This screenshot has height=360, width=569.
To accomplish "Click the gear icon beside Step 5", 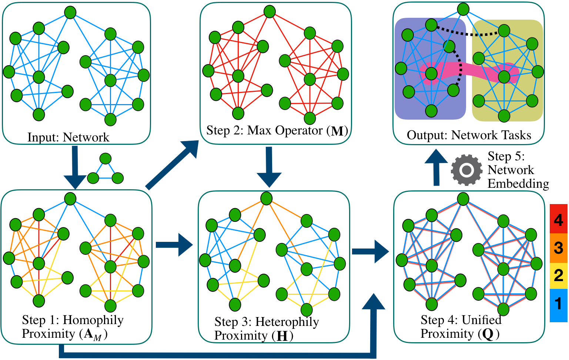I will pyautogui.click(x=466, y=170).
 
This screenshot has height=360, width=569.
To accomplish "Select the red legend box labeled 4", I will pyautogui.click(x=558, y=219).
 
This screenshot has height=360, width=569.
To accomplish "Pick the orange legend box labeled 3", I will pyautogui.click(x=558, y=247).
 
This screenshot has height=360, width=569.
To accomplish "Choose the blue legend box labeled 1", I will pyautogui.click(x=558, y=304).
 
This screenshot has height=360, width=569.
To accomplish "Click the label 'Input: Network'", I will pyautogui.click(x=68, y=137).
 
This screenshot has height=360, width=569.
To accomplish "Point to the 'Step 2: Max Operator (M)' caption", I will pyautogui.click(x=277, y=131).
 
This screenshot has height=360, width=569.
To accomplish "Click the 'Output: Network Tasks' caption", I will pyautogui.click(x=469, y=135).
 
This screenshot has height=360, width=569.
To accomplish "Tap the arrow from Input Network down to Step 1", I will pyautogui.click(x=75, y=167).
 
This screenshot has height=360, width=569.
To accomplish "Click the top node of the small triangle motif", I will pyautogui.click(x=106, y=159).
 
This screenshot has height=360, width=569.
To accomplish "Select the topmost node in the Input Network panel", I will pyautogui.click(x=70, y=12).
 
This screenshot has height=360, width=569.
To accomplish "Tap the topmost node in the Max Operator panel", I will pyautogui.click(x=270, y=11).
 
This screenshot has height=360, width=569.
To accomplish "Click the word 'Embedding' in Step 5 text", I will pyautogui.click(x=518, y=184).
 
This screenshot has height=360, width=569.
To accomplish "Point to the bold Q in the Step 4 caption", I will pyautogui.click(x=488, y=334).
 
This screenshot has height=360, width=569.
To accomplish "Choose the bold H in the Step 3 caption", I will pyautogui.click(x=282, y=336).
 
